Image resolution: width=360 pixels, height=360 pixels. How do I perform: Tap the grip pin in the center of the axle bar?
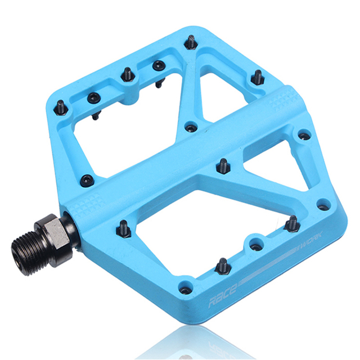tap(222, 165)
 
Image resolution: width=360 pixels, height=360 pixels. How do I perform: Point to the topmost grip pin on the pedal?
tap(191, 42)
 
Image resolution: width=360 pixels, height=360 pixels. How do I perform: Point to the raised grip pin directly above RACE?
tap(222, 264)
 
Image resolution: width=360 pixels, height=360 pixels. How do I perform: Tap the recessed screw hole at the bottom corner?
tap(186, 290)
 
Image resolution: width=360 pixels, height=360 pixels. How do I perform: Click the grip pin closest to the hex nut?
tap(123, 228)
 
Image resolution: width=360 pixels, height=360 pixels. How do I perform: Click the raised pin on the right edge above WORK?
tap(291, 224)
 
